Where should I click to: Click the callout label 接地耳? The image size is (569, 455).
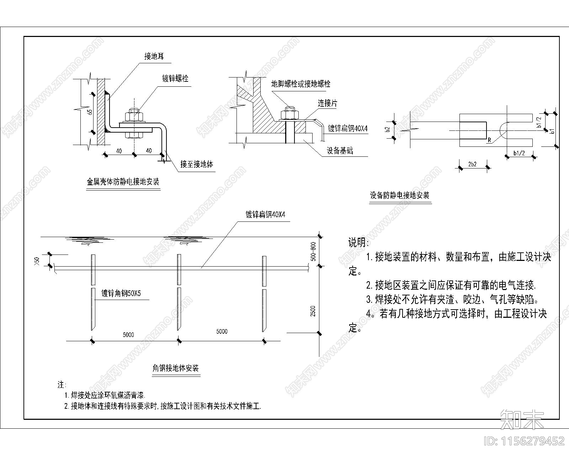click(154, 56)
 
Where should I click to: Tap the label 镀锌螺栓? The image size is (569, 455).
click(175, 79)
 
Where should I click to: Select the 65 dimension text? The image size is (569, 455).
click(90, 112)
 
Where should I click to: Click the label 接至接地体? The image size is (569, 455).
click(197, 164)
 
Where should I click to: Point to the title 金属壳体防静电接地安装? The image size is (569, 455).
click(123, 182)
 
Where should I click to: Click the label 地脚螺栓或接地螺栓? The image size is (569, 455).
click(301, 84)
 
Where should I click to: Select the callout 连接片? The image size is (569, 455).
click(327, 103)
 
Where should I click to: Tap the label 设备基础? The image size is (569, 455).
click(340, 150)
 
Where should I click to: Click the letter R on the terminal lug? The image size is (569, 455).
click(489, 140)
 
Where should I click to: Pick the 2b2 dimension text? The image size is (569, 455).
click(472, 164)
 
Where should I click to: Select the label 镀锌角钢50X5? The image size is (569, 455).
click(121, 294)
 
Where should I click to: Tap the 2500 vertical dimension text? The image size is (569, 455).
click(313, 311)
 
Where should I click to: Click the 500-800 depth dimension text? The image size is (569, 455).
click(313, 251)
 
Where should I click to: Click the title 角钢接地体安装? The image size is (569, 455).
click(174, 368)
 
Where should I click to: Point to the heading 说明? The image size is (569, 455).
click(358, 243)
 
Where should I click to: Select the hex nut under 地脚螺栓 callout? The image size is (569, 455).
click(289, 114)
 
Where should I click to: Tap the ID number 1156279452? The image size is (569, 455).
click(525, 441)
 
